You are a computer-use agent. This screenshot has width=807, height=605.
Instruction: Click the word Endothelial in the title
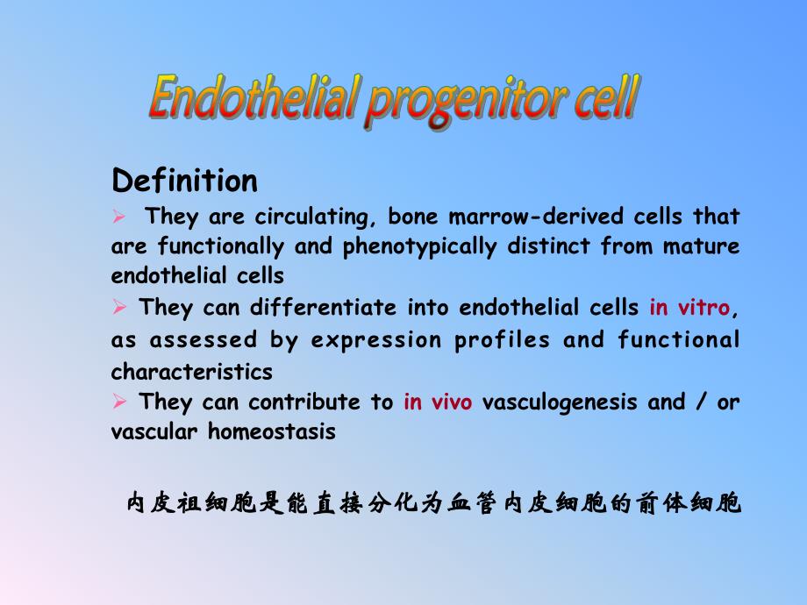[254, 99]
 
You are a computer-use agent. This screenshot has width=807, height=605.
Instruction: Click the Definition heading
[185, 181]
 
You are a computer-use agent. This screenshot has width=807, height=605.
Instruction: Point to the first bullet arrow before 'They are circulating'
[120, 216]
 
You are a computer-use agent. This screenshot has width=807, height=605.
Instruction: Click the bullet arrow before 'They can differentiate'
[120, 307]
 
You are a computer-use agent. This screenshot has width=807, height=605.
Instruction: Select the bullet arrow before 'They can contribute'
[120, 402]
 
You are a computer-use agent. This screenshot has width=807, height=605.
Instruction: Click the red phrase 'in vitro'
[689, 308]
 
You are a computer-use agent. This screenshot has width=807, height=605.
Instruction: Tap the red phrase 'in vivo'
[438, 402]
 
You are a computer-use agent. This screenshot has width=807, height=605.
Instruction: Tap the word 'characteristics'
[192, 372]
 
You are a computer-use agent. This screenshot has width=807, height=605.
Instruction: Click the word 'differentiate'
[325, 308]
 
